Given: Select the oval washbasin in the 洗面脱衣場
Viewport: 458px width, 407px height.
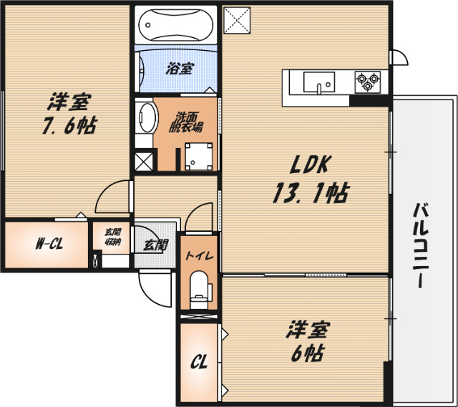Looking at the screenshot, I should pos(147,117).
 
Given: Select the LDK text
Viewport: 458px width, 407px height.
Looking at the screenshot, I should pos(308,166).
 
